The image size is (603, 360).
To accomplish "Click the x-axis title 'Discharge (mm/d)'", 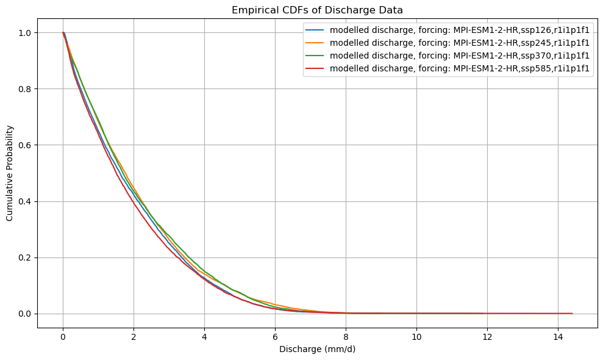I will click(317, 350).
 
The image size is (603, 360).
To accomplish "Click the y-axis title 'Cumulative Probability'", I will click(10, 173).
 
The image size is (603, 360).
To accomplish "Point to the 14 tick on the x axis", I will click(558, 337).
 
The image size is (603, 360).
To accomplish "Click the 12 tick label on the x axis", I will click(487, 337).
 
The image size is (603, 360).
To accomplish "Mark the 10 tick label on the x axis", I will click(416, 337).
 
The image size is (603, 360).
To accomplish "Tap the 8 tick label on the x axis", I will click(346, 337).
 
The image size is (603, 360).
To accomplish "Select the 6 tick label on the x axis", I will click(275, 337).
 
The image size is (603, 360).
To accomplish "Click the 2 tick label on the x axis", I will click(134, 337).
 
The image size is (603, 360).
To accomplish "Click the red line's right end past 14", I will click(572, 314).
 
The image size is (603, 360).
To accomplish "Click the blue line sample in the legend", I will click(316, 30).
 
